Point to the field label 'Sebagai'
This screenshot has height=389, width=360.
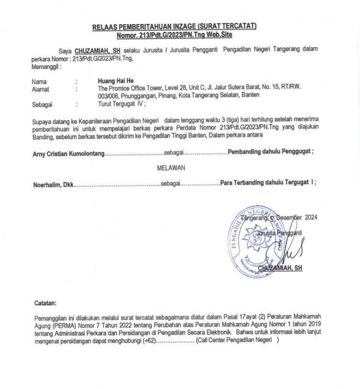point(42,104)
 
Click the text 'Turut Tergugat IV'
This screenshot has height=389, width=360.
point(120,104)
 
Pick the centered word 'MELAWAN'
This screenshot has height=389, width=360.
point(171,167)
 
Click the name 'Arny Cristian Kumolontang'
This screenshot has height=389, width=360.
point(68,152)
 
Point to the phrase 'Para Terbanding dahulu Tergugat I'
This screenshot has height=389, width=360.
point(268,183)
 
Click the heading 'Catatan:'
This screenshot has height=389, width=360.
point(45,303)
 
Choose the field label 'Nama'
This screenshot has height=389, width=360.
point(39,82)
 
